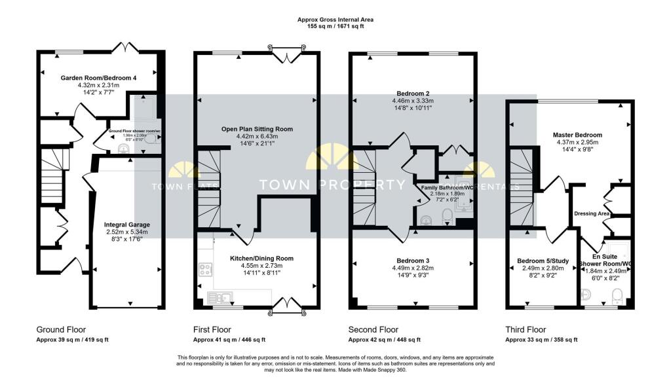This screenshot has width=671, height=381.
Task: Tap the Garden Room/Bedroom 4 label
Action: tap(98, 78)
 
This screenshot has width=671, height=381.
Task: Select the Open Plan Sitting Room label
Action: tap(256, 129)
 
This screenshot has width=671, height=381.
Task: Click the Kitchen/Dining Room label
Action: tap(261, 259)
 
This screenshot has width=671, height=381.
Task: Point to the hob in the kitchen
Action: tap(204, 269)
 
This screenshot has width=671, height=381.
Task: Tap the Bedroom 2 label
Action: tap(412, 93)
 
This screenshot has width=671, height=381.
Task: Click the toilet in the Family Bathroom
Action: tap(446, 216)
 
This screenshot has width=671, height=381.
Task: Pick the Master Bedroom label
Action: tap(577, 135)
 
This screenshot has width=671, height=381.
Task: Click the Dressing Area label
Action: tap(592, 213)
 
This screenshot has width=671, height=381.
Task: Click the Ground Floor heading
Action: tap(61, 329)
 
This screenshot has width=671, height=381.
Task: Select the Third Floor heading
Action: tap(526, 329)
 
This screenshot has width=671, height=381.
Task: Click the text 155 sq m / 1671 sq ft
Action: tap(335, 27)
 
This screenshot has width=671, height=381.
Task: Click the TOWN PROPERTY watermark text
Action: tap(333, 185)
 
